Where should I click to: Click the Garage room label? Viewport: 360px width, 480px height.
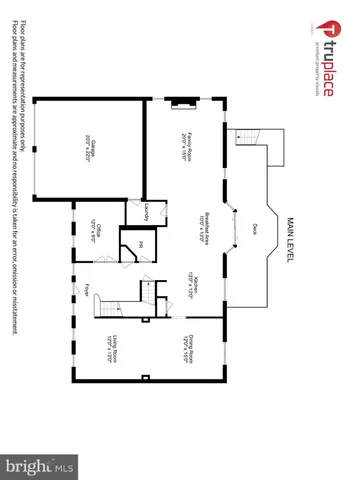[92, 147]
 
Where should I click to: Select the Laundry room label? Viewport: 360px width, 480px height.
[148, 211]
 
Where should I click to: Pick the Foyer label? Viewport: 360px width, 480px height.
[88, 291]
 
